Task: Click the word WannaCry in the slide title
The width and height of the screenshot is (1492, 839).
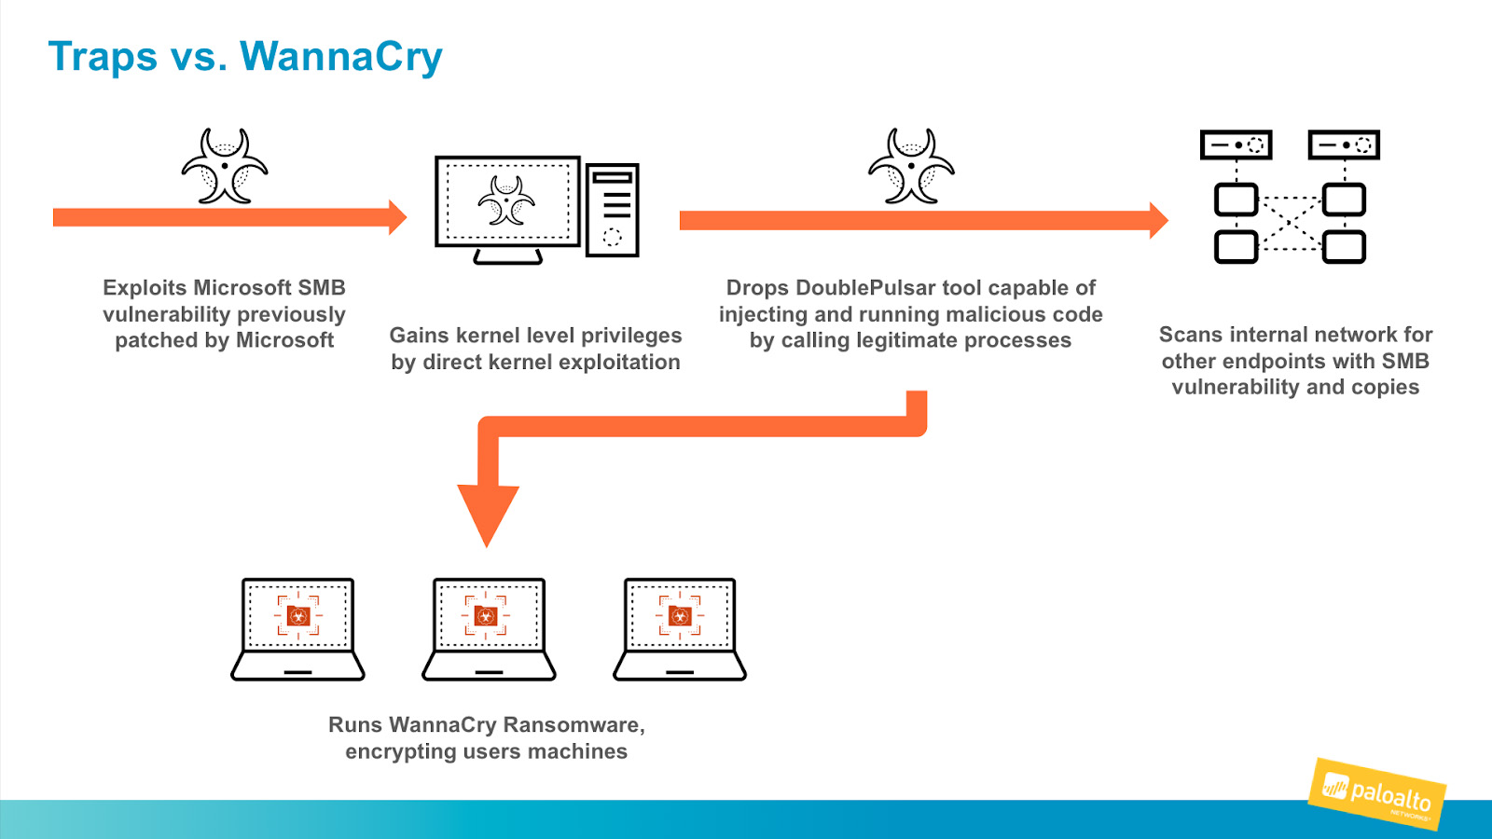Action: click(341, 57)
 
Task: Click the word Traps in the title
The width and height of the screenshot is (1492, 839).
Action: click(103, 57)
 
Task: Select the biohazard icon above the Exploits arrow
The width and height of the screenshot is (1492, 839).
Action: click(225, 167)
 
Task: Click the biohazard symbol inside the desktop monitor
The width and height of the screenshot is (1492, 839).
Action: click(506, 200)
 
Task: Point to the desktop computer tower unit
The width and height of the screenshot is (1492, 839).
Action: click(612, 210)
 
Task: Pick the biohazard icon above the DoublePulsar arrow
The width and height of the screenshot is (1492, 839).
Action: click(911, 167)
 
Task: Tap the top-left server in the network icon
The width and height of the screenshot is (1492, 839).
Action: click(1236, 145)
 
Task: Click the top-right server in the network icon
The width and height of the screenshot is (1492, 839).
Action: click(1344, 145)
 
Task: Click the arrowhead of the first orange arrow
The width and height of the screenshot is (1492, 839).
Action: click(397, 217)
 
